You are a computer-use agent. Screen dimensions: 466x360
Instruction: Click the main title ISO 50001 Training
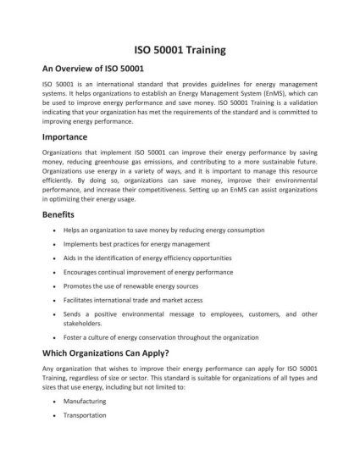(180, 50)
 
